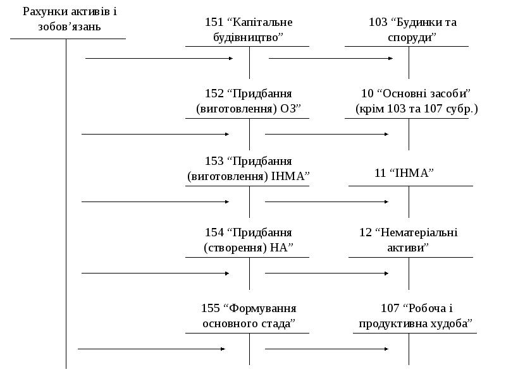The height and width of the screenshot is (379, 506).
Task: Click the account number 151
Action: coord(214,22)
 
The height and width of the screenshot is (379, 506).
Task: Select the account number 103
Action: coord(378,22)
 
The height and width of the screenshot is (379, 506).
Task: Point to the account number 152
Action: coord(214,93)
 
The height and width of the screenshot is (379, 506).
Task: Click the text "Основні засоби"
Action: coord(424,93)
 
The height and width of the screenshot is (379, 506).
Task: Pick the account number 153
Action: coord(214,161)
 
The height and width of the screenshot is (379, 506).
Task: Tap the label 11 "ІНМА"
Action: coord(404,173)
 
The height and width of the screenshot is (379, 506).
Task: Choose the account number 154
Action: coord(214,232)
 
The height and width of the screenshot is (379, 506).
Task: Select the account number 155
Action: coord(210,308)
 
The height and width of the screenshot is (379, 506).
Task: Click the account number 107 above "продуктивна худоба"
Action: coord(390,308)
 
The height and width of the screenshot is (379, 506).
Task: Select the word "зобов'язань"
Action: coord(70,27)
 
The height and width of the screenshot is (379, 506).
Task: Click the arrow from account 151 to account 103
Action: coord(331,58)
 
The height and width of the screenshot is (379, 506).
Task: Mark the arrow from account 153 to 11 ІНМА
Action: coord(326,202)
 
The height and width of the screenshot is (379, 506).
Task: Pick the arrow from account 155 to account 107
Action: coord(326,349)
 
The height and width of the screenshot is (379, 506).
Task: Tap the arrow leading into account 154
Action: coord(155,274)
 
